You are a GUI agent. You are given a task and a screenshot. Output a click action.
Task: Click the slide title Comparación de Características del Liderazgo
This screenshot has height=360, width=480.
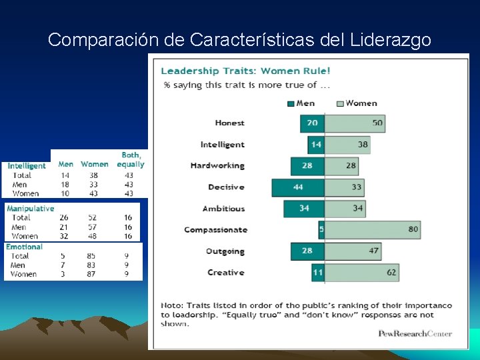(239, 40)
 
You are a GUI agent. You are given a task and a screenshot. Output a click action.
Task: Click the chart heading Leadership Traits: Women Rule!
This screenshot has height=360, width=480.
(245, 71)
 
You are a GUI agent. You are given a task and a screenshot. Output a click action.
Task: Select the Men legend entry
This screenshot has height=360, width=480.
(301, 103)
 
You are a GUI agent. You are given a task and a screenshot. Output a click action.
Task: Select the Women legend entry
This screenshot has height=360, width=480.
(357, 103)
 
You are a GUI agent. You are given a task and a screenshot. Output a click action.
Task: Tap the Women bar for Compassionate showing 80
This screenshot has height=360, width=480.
(372, 230)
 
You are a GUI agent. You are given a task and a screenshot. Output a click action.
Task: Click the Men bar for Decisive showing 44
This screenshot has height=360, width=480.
(298, 187)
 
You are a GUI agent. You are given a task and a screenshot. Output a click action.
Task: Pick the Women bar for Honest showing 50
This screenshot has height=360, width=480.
(355, 123)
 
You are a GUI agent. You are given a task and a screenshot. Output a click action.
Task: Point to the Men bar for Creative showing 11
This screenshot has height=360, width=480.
(317, 273)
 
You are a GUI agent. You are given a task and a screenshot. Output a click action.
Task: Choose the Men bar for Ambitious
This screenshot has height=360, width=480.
(304, 209)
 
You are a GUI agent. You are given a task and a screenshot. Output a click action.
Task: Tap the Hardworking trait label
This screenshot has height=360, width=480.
(217, 166)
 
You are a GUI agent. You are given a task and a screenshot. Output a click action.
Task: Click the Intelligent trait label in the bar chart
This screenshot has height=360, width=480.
(222, 145)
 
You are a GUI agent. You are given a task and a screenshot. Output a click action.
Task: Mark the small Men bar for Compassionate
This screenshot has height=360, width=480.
(321, 230)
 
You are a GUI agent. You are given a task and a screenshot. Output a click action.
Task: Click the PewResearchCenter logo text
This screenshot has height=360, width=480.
(415, 334)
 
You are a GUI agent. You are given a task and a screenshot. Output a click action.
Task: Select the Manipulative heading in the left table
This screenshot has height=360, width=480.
(31, 209)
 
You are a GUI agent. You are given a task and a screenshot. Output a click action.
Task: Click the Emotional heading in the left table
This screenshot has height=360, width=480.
(25, 247)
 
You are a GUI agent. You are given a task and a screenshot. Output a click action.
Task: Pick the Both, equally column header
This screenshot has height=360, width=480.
(131, 159)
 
